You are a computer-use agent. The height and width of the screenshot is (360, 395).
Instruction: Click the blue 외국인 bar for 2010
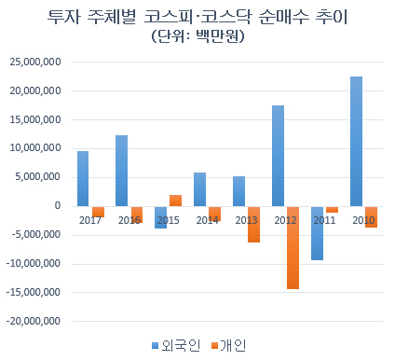point(356,141)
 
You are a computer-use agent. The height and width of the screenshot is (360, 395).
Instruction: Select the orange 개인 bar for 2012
point(293,248)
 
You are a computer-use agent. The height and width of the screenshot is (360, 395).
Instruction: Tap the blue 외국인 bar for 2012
point(278,156)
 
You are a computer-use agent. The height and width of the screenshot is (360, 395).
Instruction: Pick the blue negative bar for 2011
point(317,233)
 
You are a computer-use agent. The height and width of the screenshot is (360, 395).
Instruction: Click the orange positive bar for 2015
point(175,201)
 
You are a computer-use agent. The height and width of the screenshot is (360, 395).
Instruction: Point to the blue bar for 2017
point(83,179)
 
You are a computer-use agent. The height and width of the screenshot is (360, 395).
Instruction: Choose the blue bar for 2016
point(121,171)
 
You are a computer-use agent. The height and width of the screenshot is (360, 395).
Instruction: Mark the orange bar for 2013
point(253,225)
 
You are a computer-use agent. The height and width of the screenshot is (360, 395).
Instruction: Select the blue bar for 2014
point(199,189)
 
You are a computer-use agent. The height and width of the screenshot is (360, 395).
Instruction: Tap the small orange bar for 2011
point(332,210)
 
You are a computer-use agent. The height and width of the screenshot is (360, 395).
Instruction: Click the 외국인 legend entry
point(176,345)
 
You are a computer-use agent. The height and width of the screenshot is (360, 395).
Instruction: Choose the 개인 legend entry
point(229,345)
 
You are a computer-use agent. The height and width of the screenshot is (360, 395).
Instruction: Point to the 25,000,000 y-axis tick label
point(35,62)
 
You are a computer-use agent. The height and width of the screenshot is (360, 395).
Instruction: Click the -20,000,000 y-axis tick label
point(34,321)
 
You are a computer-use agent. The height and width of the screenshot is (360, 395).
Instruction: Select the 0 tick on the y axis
point(58,206)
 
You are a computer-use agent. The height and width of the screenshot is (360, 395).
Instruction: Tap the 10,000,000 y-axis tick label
point(35,148)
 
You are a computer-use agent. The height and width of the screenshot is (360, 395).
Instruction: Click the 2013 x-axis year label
point(246,220)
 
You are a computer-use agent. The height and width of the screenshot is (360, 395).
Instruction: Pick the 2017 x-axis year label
point(90,220)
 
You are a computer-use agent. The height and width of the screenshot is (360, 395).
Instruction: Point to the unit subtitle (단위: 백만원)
point(197,36)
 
